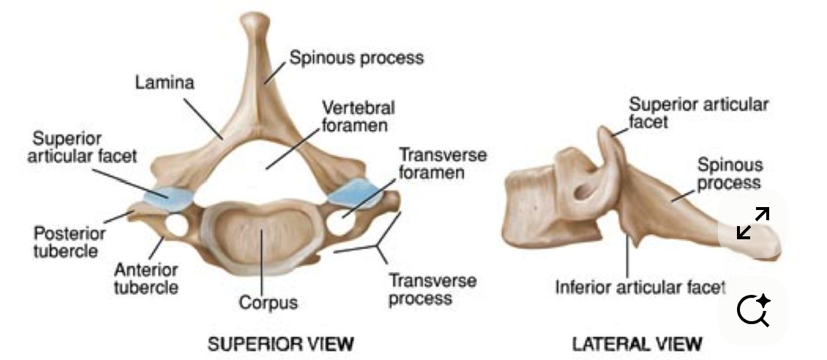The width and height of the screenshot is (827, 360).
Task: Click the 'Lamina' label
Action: point(165,83)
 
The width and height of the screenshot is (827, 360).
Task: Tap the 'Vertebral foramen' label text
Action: point(358,116)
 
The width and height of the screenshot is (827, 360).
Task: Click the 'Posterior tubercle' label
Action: point(70,242)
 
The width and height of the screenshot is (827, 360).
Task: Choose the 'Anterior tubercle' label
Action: point(146,278)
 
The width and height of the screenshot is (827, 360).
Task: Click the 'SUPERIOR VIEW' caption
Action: point(270,342)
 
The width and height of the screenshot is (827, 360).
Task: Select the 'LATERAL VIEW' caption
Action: point(637,342)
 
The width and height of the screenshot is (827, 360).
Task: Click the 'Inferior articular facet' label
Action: point(640,286)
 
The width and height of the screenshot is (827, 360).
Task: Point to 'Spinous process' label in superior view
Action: point(356,57)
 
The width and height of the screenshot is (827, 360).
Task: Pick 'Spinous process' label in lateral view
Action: point(729,173)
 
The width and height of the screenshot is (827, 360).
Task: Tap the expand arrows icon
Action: point(752,223)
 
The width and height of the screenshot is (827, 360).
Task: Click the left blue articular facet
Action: point(168,194)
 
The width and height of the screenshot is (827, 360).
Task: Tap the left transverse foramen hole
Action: point(176,225)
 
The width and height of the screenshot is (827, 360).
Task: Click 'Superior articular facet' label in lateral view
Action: point(698,113)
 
